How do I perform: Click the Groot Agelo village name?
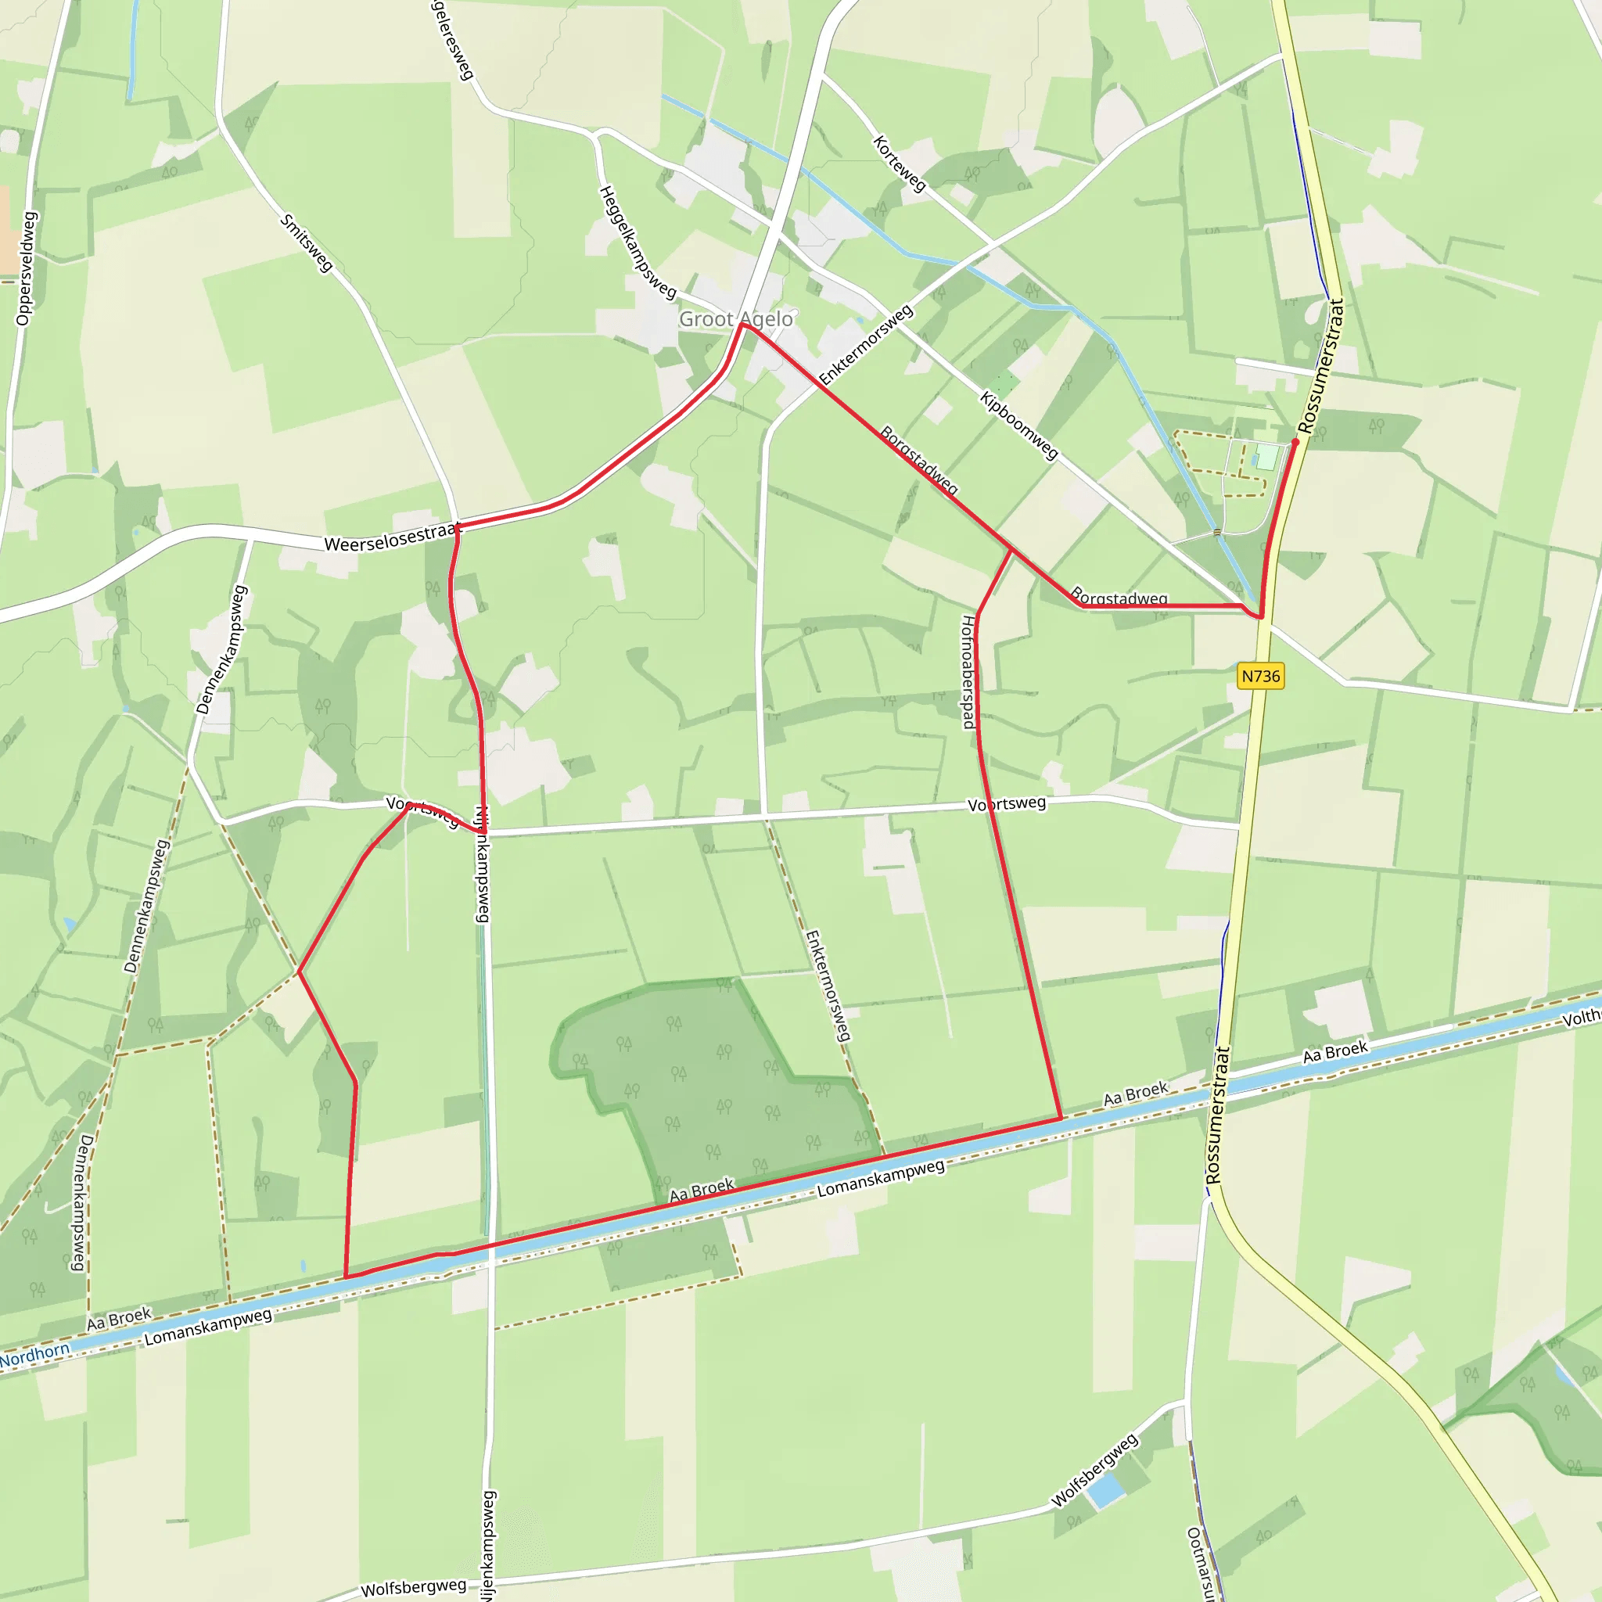(735, 319)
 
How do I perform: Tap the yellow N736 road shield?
(1260, 676)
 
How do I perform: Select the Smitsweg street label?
(307, 243)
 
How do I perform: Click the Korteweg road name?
(900, 164)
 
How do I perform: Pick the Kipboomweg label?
(1019, 426)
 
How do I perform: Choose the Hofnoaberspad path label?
(968, 672)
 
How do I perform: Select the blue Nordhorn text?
(35, 1354)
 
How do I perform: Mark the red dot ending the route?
(1295, 442)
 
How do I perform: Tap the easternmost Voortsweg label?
(1007, 803)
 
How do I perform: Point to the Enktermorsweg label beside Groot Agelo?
(866, 345)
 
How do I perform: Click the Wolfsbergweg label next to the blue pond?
(1094, 1470)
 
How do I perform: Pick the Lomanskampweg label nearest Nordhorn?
(207, 1327)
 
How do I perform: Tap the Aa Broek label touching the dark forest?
(702, 1190)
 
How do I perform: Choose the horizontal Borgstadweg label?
(1119, 598)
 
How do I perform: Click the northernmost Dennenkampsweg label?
(221, 649)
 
